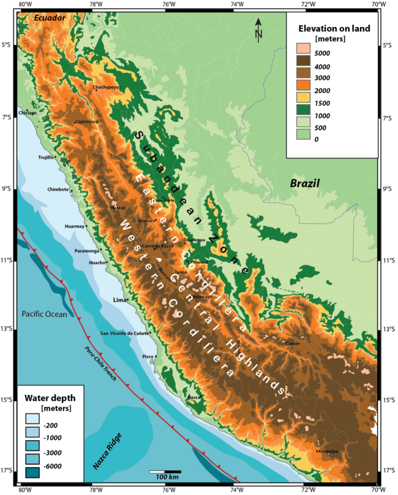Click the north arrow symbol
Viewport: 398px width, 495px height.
[x=258, y=30]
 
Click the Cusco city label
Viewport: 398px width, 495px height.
[x=291, y=344]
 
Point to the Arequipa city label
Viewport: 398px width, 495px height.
[x=328, y=451]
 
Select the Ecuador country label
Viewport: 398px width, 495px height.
[x=50, y=18]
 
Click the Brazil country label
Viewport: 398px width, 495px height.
[x=305, y=184]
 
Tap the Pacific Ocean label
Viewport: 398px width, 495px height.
[x=44, y=314]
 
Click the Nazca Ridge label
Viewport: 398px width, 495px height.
[x=108, y=451]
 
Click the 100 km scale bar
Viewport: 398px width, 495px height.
[x=165, y=472]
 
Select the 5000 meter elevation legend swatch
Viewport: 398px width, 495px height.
[x=303, y=48]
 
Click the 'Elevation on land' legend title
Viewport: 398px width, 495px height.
[x=334, y=28]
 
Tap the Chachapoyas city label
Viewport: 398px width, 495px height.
[x=107, y=87]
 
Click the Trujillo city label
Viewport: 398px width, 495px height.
[x=46, y=157]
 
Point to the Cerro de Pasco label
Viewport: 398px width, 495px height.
[x=157, y=246]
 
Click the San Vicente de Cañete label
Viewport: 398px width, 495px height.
[x=124, y=333]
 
